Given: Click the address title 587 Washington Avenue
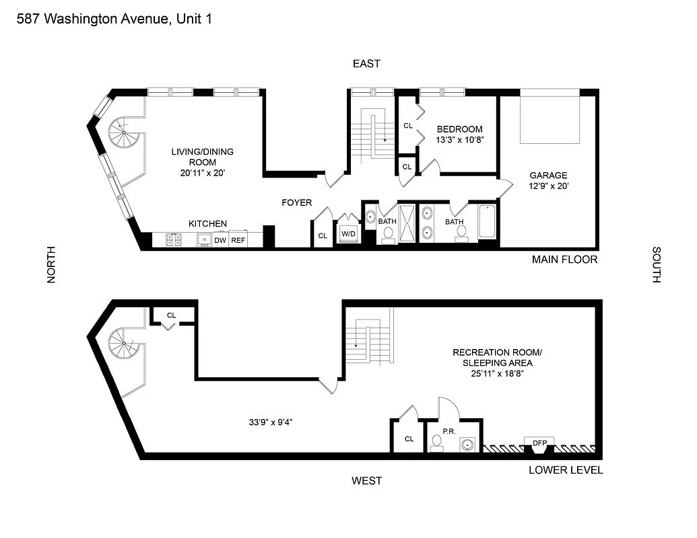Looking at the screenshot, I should pos(114,19).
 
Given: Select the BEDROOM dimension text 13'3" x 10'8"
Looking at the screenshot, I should pos(459,141).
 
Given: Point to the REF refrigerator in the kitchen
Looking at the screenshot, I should pos(238,239).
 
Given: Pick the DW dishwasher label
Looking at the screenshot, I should pos(220,239).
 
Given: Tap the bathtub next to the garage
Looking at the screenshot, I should pos(487,223).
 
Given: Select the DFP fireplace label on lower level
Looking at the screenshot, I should pos(539,443).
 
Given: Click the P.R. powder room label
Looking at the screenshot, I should pos(450,431).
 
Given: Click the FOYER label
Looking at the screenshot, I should pos(296,202).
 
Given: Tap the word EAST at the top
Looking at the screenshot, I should pos(366,64).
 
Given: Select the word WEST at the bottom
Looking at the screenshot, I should pos(366,480).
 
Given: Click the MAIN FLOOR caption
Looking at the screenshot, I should pos(564,259).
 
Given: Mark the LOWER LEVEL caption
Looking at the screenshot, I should pos(566,469).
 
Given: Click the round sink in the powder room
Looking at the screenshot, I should pos(467,444).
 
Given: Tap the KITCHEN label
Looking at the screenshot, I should pos(207,223).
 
